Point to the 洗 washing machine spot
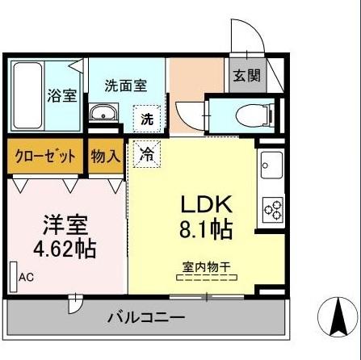[147, 118]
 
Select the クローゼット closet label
[45, 155]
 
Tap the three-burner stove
[272, 209]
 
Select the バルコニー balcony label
[146, 317]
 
